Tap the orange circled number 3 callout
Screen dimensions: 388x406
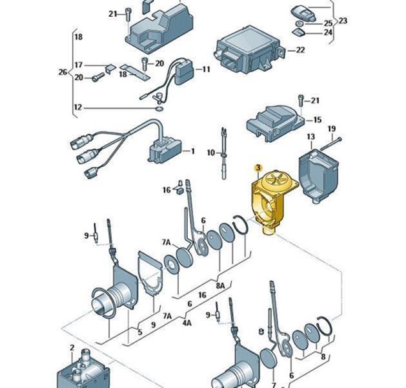point(258,168)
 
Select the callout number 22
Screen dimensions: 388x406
point(300,50)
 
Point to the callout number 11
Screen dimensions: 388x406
point(207,69)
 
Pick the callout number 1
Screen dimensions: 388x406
point(192,151)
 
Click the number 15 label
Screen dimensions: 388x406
point(317,120)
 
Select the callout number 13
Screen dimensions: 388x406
point(310,137)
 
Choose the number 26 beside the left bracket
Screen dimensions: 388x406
point(63,72)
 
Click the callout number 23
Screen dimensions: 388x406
point(343,21)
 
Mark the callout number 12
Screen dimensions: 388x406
point(78,107)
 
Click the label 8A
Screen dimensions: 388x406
point(220,285)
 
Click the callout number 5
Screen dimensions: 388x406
point(139,332)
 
